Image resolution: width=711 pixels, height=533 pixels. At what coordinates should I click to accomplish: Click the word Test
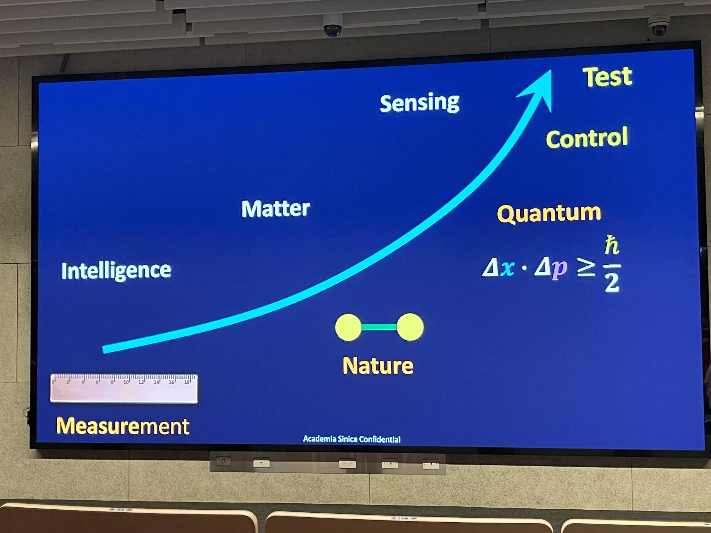607,77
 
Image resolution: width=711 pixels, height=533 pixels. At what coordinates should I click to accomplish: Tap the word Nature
378,366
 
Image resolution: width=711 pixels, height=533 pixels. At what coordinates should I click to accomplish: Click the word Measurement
123,426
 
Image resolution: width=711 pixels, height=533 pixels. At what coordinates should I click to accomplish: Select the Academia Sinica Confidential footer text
352,439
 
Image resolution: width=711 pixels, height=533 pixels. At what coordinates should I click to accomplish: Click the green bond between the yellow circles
379,327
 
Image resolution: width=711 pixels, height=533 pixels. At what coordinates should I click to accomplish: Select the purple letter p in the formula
559,270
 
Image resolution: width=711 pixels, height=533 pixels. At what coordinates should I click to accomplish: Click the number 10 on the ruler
126,382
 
